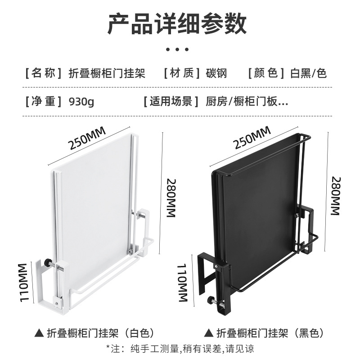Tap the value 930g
(81, 101)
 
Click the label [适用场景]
(171, 101)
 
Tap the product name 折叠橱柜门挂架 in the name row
(107, 73)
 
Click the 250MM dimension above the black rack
(252, 137)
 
